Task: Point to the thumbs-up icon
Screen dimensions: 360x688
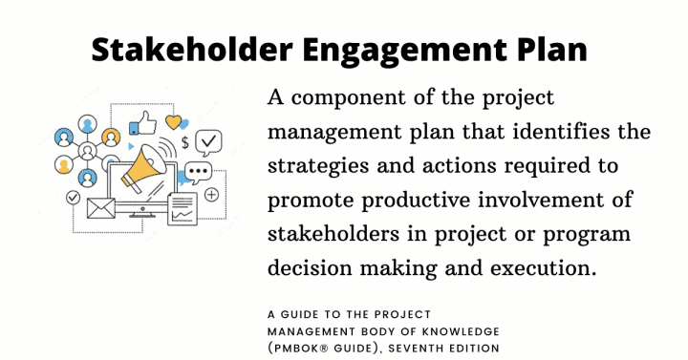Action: click(x=144, y=122)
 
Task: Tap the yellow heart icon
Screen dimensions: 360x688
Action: click(x=173, y=121)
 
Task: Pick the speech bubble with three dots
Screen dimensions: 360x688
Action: click(x=198, y=175)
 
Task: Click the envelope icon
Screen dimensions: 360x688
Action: click(x=100, y=206)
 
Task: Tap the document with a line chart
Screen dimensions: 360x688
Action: click(x=182, y=207)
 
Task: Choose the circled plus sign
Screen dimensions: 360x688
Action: click(x=211, y=195)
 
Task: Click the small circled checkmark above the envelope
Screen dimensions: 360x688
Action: click(x=73, y=196)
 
